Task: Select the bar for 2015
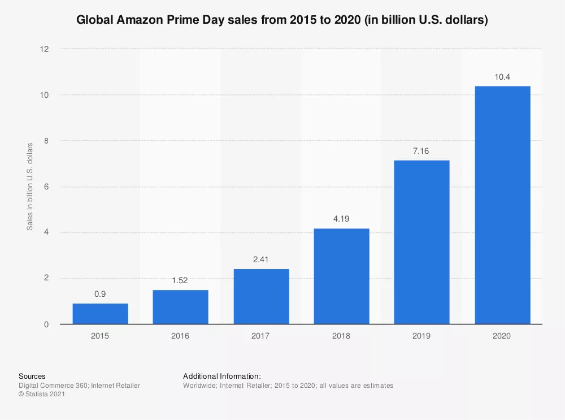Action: [x=100, y=314]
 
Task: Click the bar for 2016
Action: [x=180, y=307]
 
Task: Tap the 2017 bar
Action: [x=261, y=296]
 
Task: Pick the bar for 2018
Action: [x=341, y=276]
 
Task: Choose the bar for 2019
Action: [x=421, y=242]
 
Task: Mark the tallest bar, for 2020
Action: [x=502, y=205]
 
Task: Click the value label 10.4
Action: [x=502, y=77]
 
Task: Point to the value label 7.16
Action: [x=421, y=151]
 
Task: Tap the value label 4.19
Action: [x=341, y=219]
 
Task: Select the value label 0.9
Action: [x=100, y=295]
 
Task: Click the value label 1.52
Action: [x=180, y=281]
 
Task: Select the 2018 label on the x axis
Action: [x=341, y=336]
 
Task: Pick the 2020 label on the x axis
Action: [x=502, y=336]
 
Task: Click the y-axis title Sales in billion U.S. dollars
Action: [x=30, y=187]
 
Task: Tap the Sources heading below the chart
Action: [x=32, y=376]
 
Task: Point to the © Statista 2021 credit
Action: [x=42, y=395]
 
